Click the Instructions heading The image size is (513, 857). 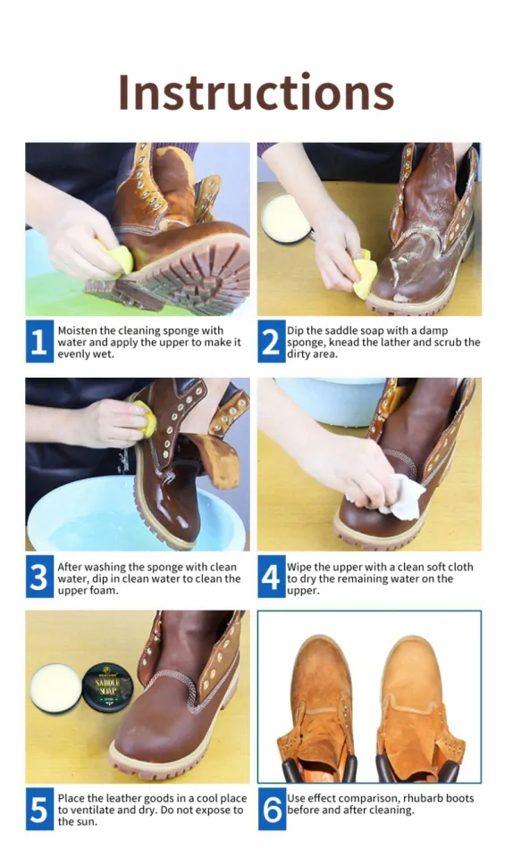click(x=256, y=92)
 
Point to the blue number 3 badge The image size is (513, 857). click(x=39, y=578)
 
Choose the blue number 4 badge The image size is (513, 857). click(x=271, y=578)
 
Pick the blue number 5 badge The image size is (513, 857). click(x=39, y=810)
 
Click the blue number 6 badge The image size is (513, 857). click(x=271, y=810)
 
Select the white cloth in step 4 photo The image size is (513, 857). click(x=403, y=496)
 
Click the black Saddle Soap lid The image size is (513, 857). click(x=107, y=686)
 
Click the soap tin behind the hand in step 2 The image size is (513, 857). click(x=286, y=218)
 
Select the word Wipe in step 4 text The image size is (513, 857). click(x=299, y=567)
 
